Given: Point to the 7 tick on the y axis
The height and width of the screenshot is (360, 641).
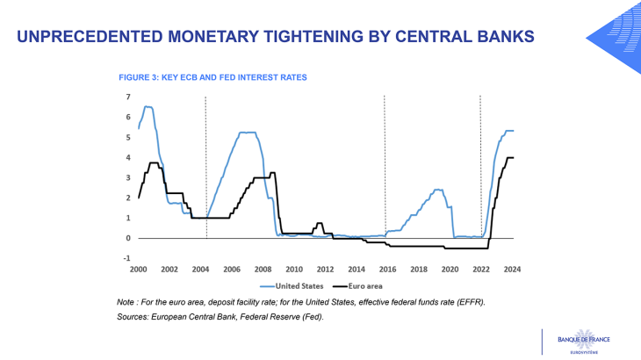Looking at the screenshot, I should [x=128, y=97].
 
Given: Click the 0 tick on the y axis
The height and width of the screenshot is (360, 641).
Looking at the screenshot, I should [x=128, y=239].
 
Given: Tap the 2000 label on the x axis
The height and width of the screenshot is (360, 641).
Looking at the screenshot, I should [x=139, y=269].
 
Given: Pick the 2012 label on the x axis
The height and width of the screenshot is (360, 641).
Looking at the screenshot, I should [x=326, y=269].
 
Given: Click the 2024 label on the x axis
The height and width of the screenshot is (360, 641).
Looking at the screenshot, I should [x=513, y=269].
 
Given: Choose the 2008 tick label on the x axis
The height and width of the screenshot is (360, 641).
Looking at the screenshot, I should [x=263, y=269].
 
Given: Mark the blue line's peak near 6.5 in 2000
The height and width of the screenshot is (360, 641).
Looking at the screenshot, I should [x=148, y=107].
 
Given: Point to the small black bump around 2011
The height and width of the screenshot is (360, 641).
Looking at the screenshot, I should [x=320, y=224].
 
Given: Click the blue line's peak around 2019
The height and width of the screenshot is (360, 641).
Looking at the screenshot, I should [x=437, y=190].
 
